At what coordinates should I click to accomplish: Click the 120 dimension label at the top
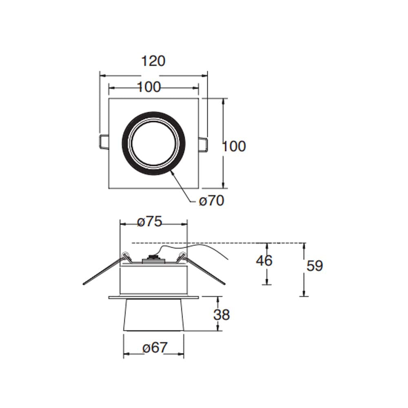coord(153,61)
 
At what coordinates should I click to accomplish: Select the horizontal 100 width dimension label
coord(149,87)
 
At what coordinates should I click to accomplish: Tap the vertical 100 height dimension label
coord(234,146)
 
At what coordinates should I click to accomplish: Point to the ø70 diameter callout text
coord(211,201)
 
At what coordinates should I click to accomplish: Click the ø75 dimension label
coord(150,222)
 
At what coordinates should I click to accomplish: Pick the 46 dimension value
coord(264,261)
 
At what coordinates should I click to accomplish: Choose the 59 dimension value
coord(315,266)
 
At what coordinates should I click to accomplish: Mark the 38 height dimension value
coord(222,315)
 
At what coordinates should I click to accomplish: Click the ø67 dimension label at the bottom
coord(155,348)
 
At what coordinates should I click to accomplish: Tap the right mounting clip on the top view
coord(203,144)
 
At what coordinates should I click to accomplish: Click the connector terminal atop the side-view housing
coord(153,258)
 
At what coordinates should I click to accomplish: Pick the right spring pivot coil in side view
coord(182,256)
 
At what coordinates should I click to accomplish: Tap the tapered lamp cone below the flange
coord(153,314)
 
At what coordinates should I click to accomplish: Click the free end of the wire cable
coord(227,258)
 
